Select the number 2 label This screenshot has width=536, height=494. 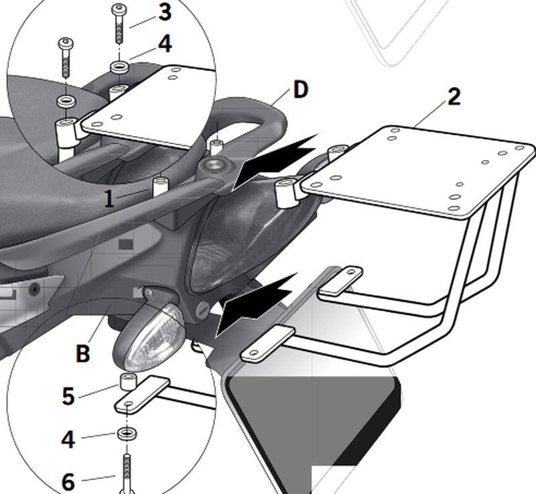454,97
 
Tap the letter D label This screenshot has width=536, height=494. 300,90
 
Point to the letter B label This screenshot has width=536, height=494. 82,354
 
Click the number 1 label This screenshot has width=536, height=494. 109,199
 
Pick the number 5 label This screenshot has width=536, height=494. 68,395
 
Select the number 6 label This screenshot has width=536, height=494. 68,481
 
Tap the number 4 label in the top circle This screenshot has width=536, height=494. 164,44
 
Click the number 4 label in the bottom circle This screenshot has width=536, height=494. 68,440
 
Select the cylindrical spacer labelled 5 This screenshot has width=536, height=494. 127,384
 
